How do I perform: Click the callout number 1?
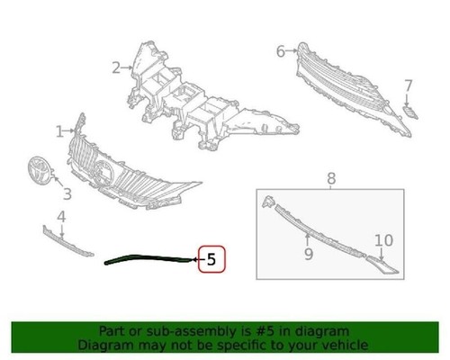coord(59,131)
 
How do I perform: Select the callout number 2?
coord(117,67)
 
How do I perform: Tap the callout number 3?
coord(67,193)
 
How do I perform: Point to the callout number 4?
coord(61,216)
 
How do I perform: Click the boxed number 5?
coord(211,260)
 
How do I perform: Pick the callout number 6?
coord(280,51)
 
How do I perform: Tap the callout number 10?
coord(384,240)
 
